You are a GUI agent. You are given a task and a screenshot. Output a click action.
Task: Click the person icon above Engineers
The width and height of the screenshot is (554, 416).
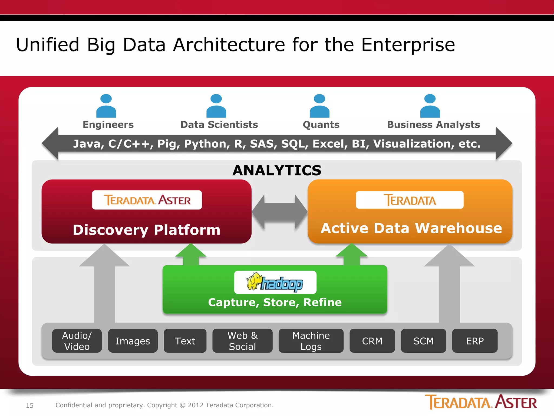click(106, 106)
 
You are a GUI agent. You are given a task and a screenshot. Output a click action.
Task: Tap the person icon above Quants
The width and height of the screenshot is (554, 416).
click(319, 106)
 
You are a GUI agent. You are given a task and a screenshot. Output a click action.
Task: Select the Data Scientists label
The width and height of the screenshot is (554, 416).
click(219, 125)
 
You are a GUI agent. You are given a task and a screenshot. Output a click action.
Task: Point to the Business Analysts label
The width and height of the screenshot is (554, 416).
click(433, 125)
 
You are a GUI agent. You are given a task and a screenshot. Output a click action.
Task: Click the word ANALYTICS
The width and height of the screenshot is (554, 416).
click(277, 170)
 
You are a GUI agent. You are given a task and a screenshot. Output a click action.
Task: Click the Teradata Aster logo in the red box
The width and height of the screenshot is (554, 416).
click(147, 200)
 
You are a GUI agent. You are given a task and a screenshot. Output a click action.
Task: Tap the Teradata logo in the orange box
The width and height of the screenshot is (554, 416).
click(410, 200)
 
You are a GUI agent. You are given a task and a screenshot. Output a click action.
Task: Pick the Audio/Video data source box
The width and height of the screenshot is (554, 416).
click(77, 341)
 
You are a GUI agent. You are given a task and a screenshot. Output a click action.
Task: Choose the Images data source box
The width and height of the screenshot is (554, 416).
click(133, 341)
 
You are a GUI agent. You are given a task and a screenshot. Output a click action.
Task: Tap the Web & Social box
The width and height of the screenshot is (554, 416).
click(242, 341)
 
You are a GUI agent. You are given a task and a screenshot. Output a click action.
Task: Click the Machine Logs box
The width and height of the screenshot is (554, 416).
click(311, 341)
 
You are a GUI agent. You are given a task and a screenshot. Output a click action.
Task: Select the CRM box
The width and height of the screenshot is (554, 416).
click(372, 341)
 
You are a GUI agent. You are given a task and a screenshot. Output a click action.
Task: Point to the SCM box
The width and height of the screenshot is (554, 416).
click(423, 341)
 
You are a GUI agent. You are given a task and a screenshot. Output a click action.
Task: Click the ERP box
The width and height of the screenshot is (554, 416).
click(475, 341)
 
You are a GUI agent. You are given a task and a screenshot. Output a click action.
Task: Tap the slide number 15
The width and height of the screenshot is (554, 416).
click(30, 405)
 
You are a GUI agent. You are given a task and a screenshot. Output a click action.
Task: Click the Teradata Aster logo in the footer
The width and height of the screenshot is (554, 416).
click(481, 402)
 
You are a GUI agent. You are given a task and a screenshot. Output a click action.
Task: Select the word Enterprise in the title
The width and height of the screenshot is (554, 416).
click(408, 45)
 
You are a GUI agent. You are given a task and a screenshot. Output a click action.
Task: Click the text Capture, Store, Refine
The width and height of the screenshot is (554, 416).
click(275, 302)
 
